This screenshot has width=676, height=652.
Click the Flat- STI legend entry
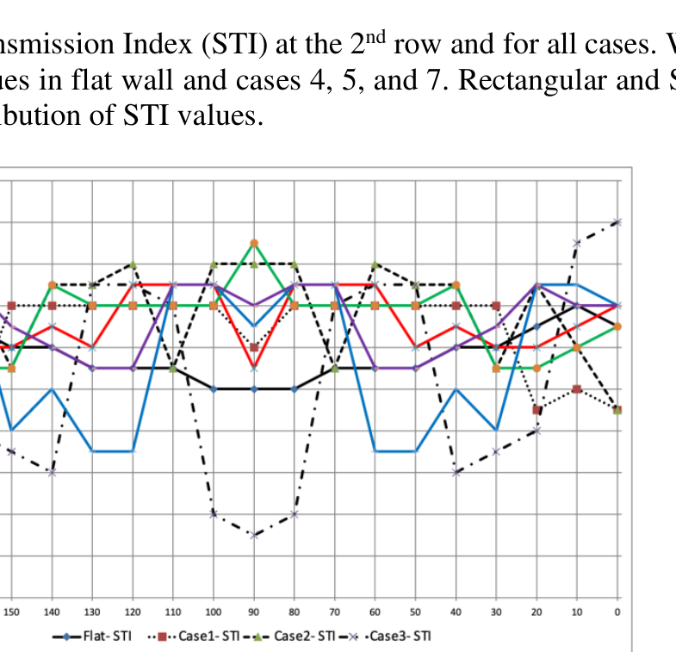[102, 636]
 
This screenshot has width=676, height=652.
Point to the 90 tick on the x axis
[254, 612]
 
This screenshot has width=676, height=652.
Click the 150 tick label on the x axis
[11, 612]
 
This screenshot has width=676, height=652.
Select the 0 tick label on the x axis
[617, 612]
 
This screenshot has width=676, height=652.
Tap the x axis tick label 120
[133, 612]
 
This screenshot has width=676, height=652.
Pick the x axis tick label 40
[456, 612]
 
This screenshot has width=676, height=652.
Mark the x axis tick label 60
[375, 612]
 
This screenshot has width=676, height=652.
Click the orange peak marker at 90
[254, 243]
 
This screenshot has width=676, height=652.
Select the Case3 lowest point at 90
[254, 535]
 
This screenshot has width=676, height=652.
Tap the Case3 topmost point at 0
[617, 222]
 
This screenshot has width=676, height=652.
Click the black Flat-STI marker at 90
[254, 389]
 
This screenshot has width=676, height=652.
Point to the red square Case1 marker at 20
[536, 409]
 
